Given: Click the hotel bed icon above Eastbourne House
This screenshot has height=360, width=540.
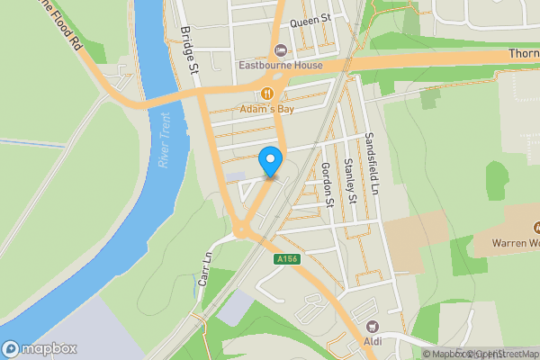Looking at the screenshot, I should click(279, 49).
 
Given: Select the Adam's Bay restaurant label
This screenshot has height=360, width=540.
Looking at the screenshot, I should click(267, 109).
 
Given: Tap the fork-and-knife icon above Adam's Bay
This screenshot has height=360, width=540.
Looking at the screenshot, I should click(267, 94).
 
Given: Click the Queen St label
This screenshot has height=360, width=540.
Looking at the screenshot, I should click(310, 18).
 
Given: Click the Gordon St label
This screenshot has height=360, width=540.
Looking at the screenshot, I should click(328, 185).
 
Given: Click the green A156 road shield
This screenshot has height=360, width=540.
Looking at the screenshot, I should click(287, 259).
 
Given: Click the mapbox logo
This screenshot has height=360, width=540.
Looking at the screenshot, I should click(40, 348).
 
